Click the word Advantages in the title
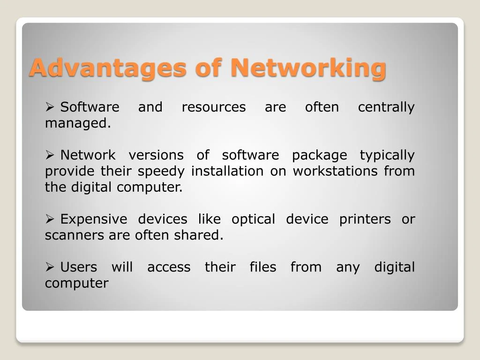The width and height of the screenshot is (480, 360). pyautogui.click(x=107, y=67)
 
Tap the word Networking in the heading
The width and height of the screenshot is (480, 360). pyautogui.click(x=308, y=67)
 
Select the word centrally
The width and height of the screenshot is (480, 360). pyautogui.click(x=386, y=107)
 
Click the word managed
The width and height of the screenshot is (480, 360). pyautogui.click(x=78, y=124)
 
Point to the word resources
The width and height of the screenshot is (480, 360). pyautogui.click(x=213, y=107)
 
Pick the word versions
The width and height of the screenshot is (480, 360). pyautogui.click(x=156, y=155)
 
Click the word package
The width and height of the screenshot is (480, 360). pyautogui.click(x=319, y=155)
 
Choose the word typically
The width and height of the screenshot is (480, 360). pyautogui.click(x=387, y=155)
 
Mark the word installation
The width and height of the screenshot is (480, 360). pyautogui.click(x=227, y=172)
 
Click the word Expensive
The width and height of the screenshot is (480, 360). pyautogui.click(x=94, y=219)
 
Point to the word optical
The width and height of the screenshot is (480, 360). pyautogui.click(x=253, y=219)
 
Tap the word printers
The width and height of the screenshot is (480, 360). pyautogui.click(x=365, y=219)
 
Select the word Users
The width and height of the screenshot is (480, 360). pyautogui.click(x=79, y=268)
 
